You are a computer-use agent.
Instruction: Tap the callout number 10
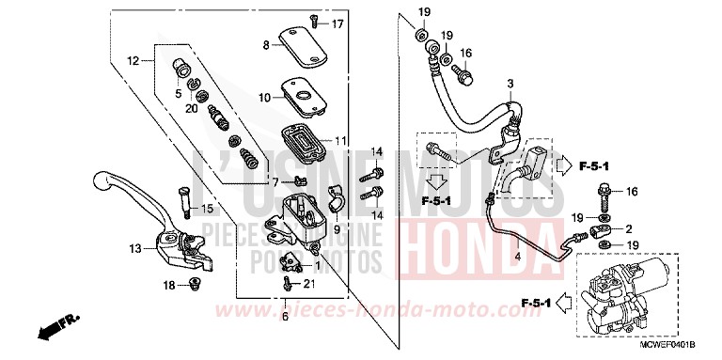click(265, 97)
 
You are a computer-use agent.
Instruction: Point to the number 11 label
click(339, 140)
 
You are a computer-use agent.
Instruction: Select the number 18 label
click(170, 285)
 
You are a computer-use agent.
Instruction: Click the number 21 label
click(309, 284)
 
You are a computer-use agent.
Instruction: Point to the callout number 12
click(133, 61)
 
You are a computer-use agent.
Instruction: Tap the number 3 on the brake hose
click(510, 86)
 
